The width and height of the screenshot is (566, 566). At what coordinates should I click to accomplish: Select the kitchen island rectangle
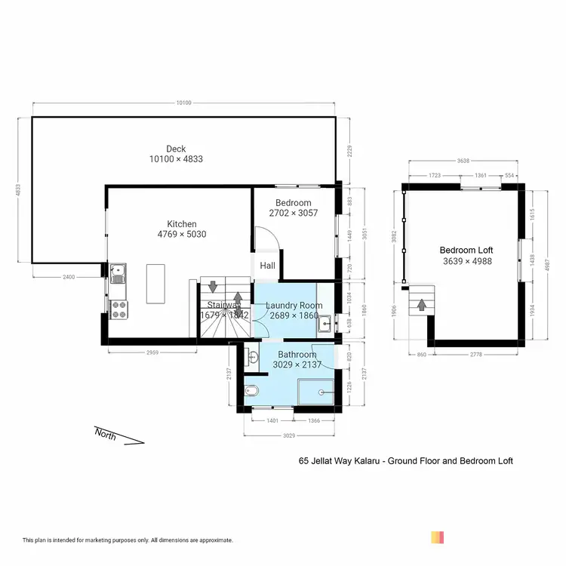156,283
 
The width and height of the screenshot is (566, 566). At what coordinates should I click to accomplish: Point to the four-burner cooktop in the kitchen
118,308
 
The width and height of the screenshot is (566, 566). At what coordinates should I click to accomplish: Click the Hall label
268,266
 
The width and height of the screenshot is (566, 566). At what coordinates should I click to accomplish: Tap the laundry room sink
325,322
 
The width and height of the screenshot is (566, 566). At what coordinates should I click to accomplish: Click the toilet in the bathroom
253,390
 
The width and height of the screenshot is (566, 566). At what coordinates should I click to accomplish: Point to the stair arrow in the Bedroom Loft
420,304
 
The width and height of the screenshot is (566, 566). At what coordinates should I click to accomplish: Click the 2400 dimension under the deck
69,277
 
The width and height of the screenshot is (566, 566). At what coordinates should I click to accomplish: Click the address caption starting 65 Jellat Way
406,460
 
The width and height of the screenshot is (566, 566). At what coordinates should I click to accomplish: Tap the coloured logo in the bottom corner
437,537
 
